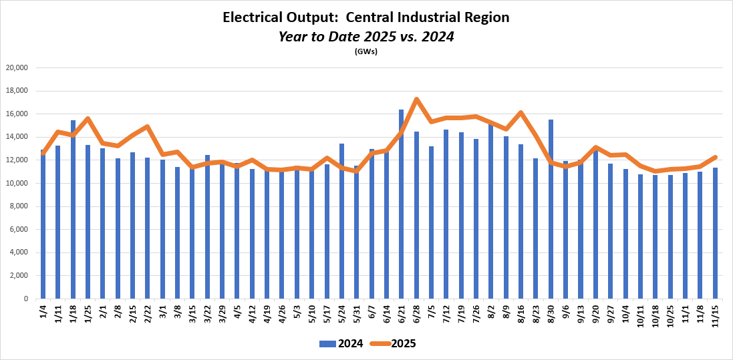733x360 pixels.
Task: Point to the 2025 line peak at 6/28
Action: [x=416, y=100]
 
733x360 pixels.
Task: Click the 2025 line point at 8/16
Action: [x=521, y=112]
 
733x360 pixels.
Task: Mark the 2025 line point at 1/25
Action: [x=88, y=119]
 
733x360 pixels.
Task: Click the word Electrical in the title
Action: [x=255, y=18]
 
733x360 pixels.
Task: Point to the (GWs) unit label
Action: [x=366, y=51]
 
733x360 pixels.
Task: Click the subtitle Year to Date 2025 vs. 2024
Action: [x=366, y=37]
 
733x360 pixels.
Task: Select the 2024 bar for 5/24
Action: [x=341, y=221]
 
